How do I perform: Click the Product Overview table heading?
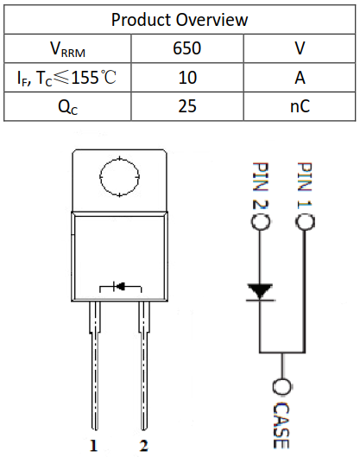[x=180, y=19]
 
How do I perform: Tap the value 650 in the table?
[x=187, y=49]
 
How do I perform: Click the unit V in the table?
[x=300, y=49]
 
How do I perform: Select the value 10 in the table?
[x=187, y=78]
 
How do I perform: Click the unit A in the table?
[x=300, y=78]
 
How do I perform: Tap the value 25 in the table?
[x=187, y=107]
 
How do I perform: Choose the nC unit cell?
[x=300, y=107]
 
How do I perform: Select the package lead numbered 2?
[x=142, y=380]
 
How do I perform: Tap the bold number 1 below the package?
[x=93, y=446]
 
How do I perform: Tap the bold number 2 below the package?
[x=142, y=446]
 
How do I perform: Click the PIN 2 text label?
[x=258, y=186]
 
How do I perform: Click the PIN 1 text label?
[x=303, y=186]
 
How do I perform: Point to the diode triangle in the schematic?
[x=258, y=290]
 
